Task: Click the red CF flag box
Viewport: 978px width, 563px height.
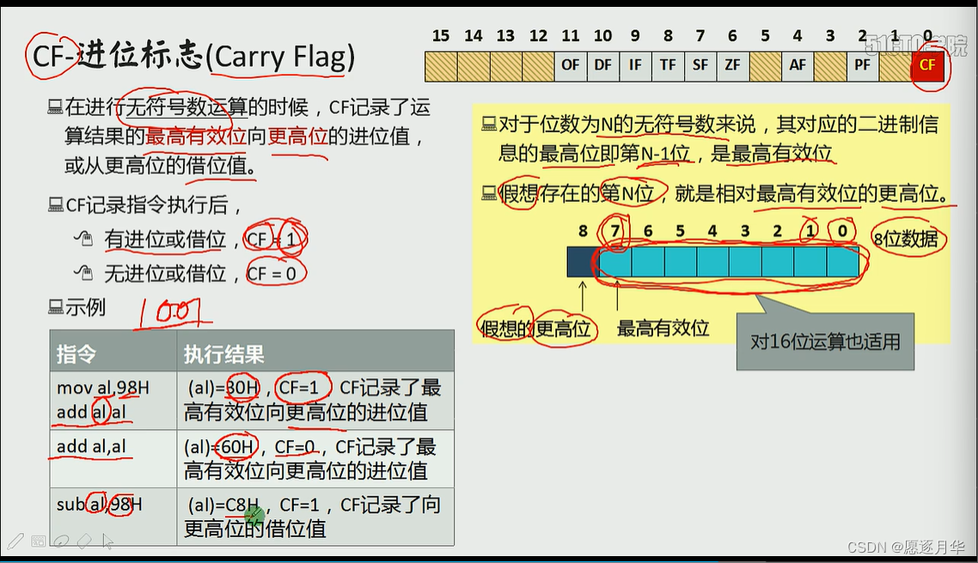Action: click(x=927, y=65)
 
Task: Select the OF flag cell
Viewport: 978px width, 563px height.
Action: click(x=571, y=65)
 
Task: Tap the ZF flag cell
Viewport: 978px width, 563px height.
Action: click(x=732, y=65)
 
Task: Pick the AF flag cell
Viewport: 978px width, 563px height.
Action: click(x=798, y=65)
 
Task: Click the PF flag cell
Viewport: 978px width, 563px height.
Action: click(x=862, y=65)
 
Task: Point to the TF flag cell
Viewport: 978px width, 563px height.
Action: click(x=668, y=65)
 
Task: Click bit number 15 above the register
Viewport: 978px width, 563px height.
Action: click(x=441, y=36)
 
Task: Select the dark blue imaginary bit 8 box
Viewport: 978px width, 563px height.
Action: click(x=583, y=261)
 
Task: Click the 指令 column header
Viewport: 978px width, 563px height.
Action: click(x=76, y=353)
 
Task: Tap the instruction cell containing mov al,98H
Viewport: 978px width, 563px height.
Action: click(x=102, y=388)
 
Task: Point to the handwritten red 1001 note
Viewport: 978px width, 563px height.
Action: click(x=173, y=313)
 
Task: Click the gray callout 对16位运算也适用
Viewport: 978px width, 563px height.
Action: click(x=824, y=341)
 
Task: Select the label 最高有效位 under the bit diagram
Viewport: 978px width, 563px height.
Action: click(x=663, y=327)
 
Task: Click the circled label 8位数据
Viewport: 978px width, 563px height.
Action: click(x=906, y=239)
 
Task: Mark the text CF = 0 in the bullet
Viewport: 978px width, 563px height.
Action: click(x=276, y=273)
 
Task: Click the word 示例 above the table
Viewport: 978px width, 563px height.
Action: click(x=85, y=307)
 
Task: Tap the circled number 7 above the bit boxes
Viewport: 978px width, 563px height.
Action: click(x=614, y=231)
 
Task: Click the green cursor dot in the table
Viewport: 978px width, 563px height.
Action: click(x=254, y=516)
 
